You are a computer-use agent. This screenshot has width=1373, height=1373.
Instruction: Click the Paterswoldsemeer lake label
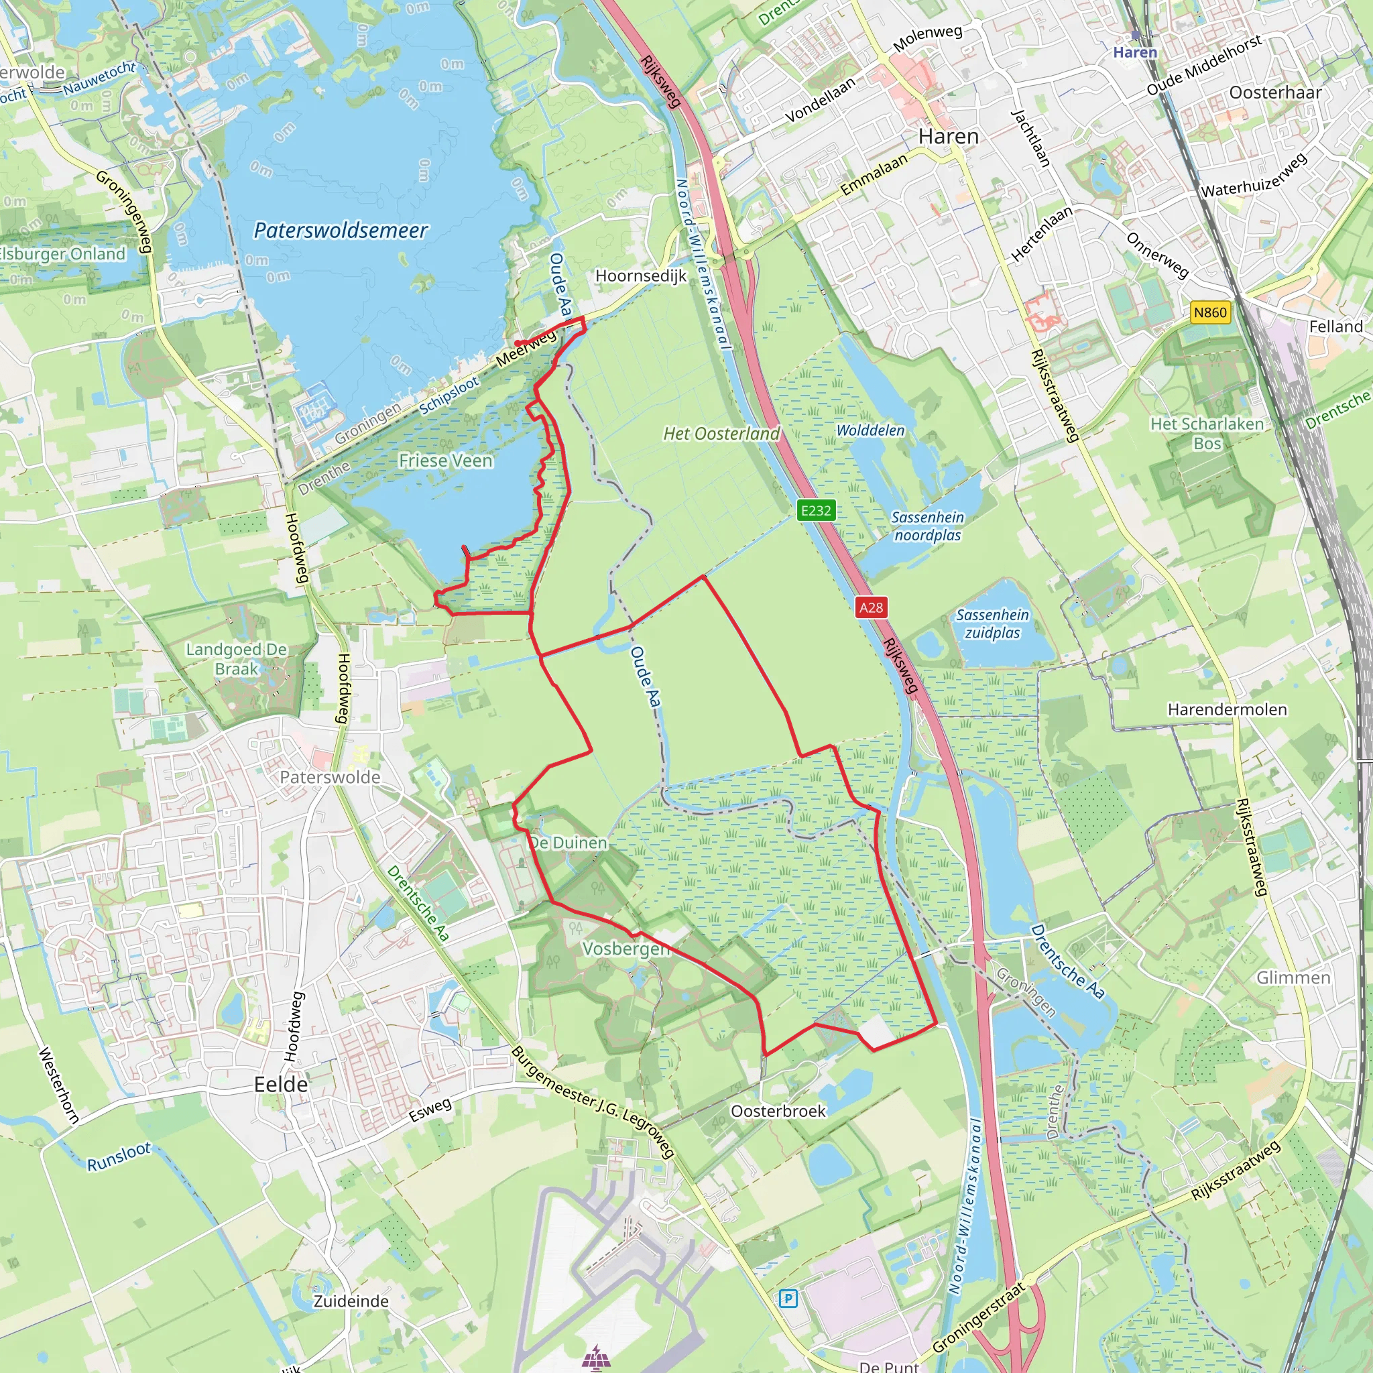[x=341, y=230]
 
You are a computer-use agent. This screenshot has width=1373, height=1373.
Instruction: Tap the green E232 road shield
[x=815, y=510]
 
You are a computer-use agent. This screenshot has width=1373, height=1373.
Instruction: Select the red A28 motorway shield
[x=871, y=607]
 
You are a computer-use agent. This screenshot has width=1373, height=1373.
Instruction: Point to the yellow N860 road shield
[x=1210, y=312]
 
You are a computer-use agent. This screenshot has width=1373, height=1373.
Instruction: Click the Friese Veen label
[x=445, y=461]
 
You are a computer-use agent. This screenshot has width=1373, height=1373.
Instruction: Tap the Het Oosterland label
[x=721, y=434]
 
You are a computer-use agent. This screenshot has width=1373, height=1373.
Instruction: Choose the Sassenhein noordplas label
[x=927, y=526]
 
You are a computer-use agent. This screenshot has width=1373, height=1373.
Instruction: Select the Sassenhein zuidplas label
[x=992, y=623]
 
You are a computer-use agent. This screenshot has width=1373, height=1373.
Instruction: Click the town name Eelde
[x=282, y=1084]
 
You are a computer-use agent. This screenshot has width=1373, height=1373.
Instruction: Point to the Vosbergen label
[x=626, y=949]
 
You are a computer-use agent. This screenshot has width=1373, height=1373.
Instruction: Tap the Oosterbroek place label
[x=778, y=1111]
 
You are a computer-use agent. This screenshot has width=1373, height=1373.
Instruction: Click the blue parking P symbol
[x=788, y=1299]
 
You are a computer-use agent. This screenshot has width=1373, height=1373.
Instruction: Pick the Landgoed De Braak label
[x=237, y=659]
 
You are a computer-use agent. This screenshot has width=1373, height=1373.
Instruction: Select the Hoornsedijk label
[x=641, y=276]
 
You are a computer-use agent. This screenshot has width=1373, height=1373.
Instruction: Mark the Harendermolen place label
[x=1228, y=709]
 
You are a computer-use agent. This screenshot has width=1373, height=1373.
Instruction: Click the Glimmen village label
[x=1293, y=977]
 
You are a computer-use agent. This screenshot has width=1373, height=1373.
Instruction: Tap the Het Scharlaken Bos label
[x=1207, y=434]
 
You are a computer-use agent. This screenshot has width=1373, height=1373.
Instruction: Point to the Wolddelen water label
[x=871, y=430]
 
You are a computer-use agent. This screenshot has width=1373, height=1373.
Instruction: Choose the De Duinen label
[x=569, y=843]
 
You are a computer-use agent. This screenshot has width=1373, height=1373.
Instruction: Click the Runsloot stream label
[x=119, y=1156]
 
